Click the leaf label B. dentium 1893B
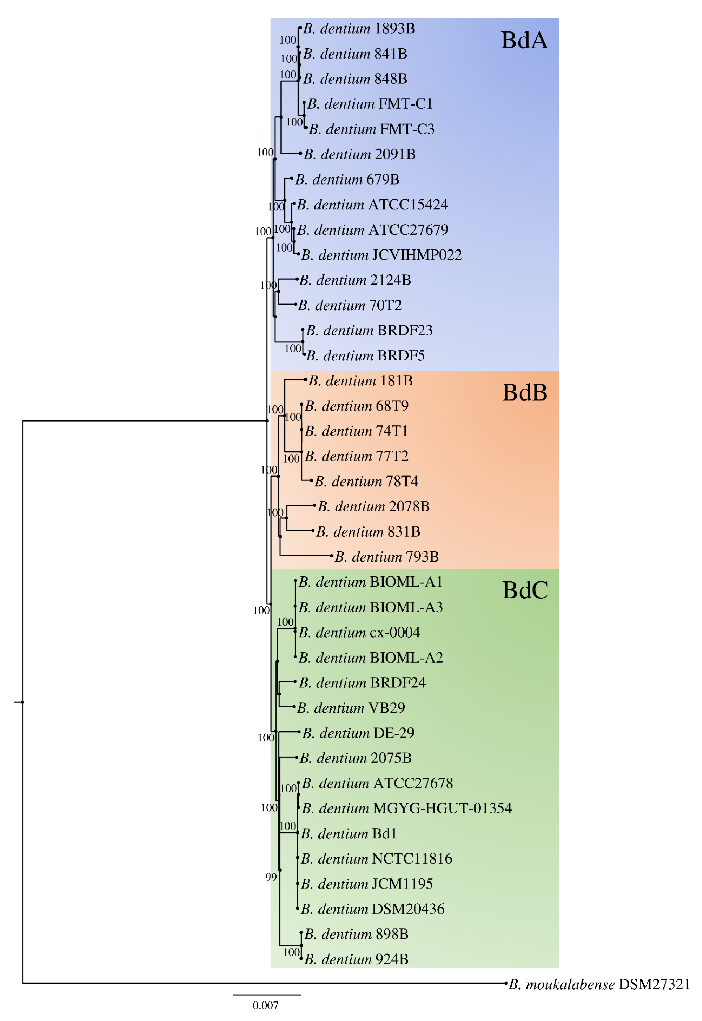(x=359, y=29)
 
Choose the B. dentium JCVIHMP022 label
(x=381, y=255)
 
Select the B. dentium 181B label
(x=361, y=381)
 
